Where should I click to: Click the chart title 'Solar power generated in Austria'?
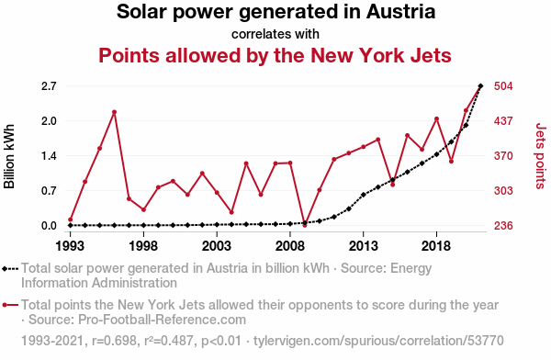pyautogui.click(x=275, y=12)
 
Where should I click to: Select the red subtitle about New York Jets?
pyautogui.click(x=275, y=55)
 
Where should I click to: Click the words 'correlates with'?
pyautogui.click(x=275, y=34)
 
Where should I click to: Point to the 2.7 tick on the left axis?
pyautogui.click(x=49, y=86)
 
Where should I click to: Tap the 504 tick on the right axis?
pyautogui.click(x=503, y=86)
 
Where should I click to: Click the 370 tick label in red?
pyautogui.click(x=503, y=156)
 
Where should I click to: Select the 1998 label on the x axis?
pyautogui.click(x=143, y=246)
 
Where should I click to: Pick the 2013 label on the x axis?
pyautogui.click(x=364, y=246)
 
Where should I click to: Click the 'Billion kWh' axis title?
pyautogui.click(x=9, y=156)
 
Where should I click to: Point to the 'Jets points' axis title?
pyautogui.click(x=541, y=156)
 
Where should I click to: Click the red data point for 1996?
pyautogui.click(x=114, y=112)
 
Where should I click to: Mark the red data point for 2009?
pyautogui.click(x=305, y=225)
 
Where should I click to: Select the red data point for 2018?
pyautogui.click(x=436, y=118)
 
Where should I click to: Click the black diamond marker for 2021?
pyautogui.click(x=480, y=85)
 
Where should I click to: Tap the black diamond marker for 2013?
pyautogui.click(x=364, y=195)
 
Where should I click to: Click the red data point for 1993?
pyautogui.click(x=71, y=219)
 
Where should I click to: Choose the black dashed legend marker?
pyautogui.click(x=10, y=269)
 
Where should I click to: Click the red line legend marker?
pyautogui.click(x=10, y=305)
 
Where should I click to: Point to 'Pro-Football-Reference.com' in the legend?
pyautogui.click(x=162, y=320)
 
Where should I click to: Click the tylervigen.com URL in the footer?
pyautogui.click(x=378, y=341)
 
